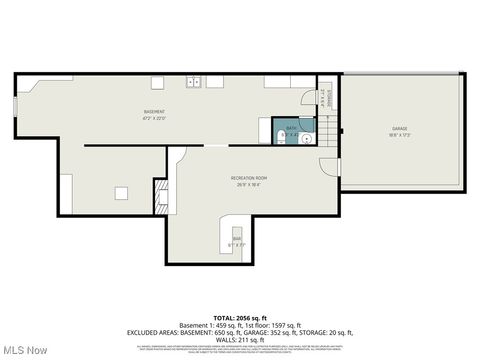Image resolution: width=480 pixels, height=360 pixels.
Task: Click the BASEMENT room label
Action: (x=153, y=113)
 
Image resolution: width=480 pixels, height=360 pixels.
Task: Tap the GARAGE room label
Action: (x=399, y=131)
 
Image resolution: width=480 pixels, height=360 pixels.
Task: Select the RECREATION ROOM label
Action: (x=248, y=180)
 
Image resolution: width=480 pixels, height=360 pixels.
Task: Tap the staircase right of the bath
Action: (x=330, y=130)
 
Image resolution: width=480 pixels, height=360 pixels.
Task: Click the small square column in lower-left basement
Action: (x=120, y=193)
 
